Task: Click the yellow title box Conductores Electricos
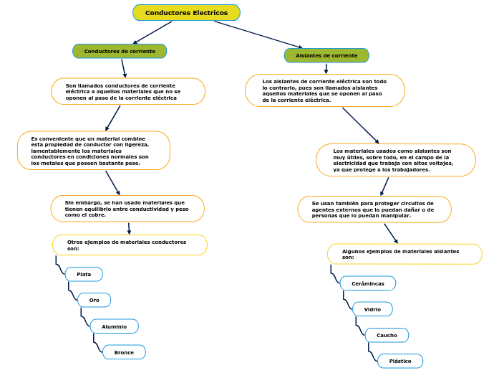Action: (186, 13)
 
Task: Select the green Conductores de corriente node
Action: (120, 51)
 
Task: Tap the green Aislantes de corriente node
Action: (326, 55)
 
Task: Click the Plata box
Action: (84, 274)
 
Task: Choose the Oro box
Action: (94, 300)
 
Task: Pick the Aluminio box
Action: (114, 326)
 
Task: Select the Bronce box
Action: (124, 352)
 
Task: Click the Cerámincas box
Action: (367, 283)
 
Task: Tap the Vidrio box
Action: (372, 309)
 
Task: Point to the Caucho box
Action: (387, 335)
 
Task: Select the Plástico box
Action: (400, 361)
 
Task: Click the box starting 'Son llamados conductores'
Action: (128, 91)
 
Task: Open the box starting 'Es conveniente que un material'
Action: (94, 151)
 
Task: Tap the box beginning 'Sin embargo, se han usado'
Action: (127, 209)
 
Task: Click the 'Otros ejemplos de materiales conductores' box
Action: (130, 245)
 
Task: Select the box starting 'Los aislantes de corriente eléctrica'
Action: (324, 90)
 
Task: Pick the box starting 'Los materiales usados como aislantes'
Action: (395, 160)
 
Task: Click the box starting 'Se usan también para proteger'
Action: (374, 209)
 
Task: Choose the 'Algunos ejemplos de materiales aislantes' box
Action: (404, 254)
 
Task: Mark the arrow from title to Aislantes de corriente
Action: (258, 34)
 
